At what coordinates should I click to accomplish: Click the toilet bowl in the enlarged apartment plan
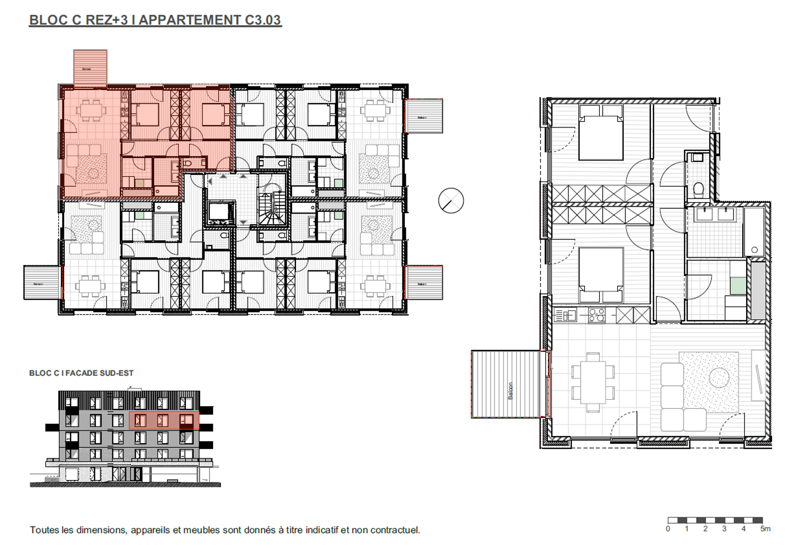click(698, 189)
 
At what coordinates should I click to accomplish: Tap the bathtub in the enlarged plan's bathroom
click(754, 232)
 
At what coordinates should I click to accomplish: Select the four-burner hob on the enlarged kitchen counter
click(596, 315)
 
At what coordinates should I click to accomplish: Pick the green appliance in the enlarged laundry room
click(738, 285)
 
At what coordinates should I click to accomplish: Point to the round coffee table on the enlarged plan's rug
click(719, 378)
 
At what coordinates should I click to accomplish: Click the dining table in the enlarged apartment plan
click(592, 382)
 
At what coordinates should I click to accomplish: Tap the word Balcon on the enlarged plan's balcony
click(510, 391)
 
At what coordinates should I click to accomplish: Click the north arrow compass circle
click(451, 200)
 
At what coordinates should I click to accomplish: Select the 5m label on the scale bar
click(765, 529)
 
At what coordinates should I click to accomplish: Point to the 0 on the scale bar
click(668, 529)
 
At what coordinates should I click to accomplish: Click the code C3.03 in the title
click(263, 20)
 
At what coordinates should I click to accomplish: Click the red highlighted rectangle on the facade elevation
click(164, 421)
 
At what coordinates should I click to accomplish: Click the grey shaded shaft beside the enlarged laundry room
click(758, 291)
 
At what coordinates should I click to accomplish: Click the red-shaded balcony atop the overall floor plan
click(90, 68)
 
